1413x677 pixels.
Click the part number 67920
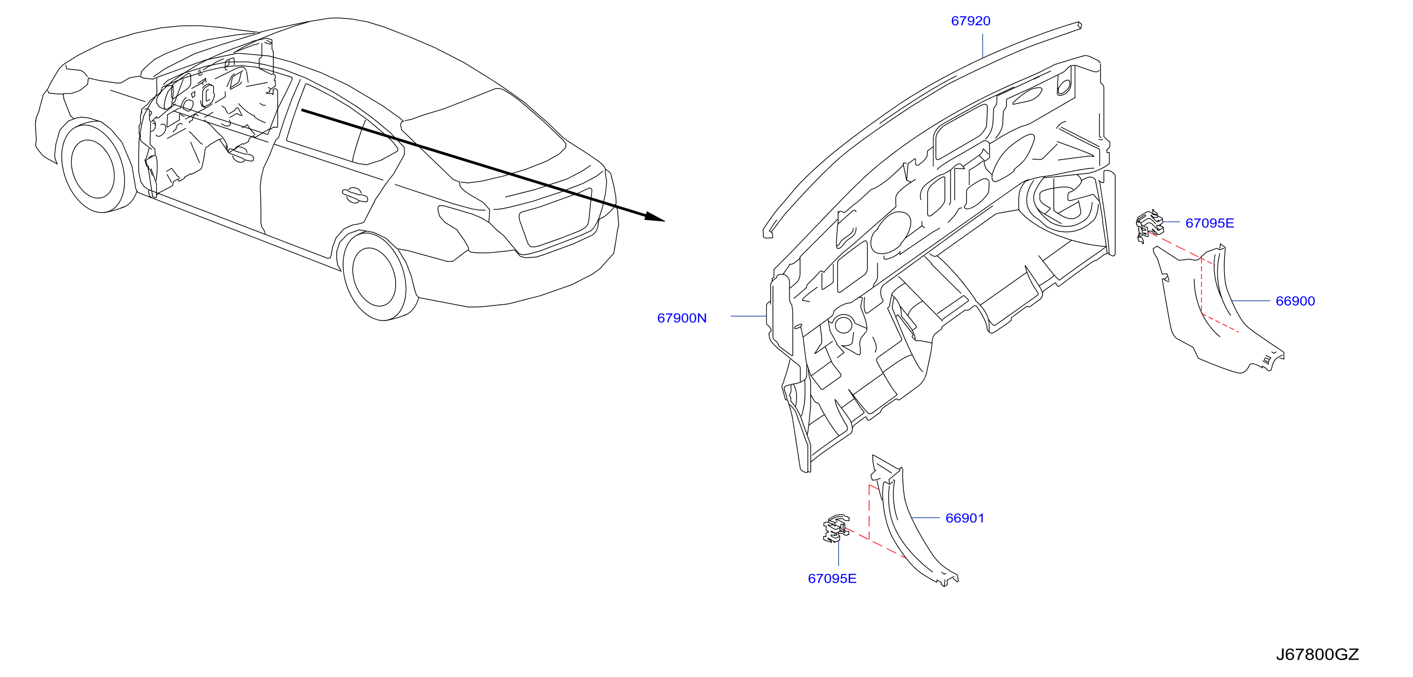(x=970, y=21)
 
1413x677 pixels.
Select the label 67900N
(x=682, y=318)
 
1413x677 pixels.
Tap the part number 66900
(x=1295, y=301)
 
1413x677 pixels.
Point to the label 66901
(x=965, y=518)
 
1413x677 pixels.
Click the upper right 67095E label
(x=1210, y=223)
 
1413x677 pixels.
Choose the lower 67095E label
(x=832, y=579)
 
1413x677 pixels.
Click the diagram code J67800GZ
(x=1317, y=655)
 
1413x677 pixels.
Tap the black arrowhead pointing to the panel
(x=655, y=217)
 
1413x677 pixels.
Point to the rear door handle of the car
(x=355, y=195)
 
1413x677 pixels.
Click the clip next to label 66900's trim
(x=1149, y=225)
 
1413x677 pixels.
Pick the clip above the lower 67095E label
(x=835, y=528)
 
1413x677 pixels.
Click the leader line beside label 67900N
(x=748, y=317)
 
